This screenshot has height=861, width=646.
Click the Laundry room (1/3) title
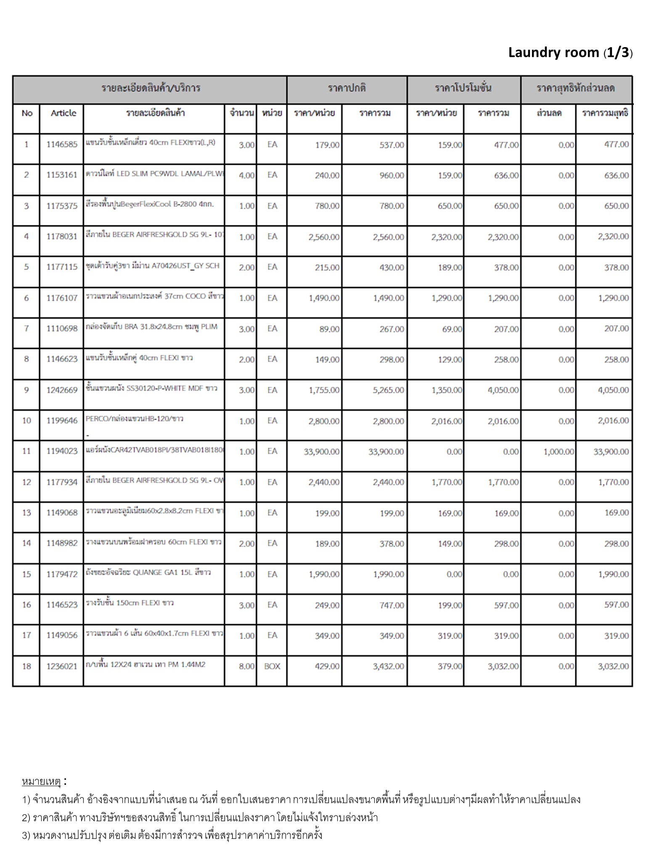[x=570, y=53]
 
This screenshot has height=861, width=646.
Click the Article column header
[x=64, y=113]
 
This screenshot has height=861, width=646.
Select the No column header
[x=27, y=113]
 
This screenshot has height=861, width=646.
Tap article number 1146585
[x=62, y=145]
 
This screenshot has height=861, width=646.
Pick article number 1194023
[x=62, y=451]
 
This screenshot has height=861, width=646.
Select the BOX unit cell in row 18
[x=272, y=666]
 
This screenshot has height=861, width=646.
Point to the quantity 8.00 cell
[x=246, y=666]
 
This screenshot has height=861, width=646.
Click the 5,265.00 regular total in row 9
[x=388, y=390]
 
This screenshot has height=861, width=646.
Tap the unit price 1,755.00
[x=324, y=390]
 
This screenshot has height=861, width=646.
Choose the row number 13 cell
[x=26, y=512]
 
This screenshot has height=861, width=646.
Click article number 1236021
[x=62, y=666]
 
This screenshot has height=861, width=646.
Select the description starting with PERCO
[x=135, y=419]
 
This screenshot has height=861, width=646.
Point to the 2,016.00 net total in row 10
[x=613, y=421]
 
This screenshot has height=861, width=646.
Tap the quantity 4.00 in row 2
[x=246, y=175]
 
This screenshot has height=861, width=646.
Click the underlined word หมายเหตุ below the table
[x=42, y=782]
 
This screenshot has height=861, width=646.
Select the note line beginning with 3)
[x=172, y=835]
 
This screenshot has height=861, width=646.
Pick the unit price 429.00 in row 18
[x=327, y=666]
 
